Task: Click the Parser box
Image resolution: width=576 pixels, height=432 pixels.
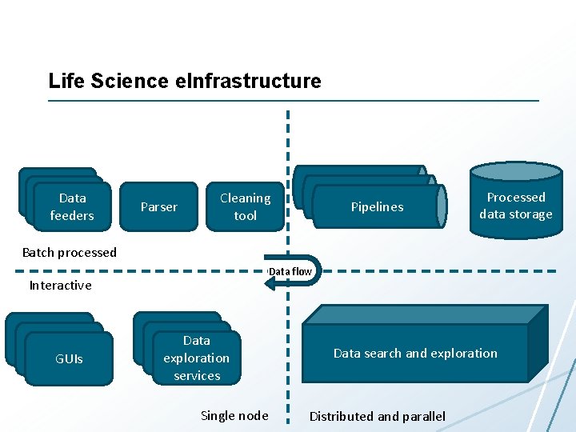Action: point(158,206)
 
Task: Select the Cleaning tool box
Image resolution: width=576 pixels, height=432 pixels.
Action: point(245,206)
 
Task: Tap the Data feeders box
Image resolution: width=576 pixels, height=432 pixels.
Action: point(72,206)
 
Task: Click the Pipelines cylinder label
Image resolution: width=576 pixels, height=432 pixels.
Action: point(377,207)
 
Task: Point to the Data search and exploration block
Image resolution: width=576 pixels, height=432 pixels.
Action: point(415,353)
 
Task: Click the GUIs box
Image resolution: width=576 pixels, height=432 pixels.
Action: point(69,359)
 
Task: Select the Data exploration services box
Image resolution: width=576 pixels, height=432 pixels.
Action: point(196,358)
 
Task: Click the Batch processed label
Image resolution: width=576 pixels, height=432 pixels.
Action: point(70,252)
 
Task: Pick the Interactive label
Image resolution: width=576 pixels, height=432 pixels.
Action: point(61,285)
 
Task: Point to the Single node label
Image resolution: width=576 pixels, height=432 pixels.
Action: point(234,415)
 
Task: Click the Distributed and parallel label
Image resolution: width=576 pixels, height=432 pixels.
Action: point(378,416)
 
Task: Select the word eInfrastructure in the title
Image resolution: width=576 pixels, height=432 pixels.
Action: point(252,81)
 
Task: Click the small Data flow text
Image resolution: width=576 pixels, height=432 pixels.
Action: point(290,271)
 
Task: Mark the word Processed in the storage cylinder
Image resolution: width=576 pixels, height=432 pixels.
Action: point(516,197)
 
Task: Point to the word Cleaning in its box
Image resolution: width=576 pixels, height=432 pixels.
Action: point(245,198)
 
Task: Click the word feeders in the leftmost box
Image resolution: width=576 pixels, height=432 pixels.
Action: point(72,215)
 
